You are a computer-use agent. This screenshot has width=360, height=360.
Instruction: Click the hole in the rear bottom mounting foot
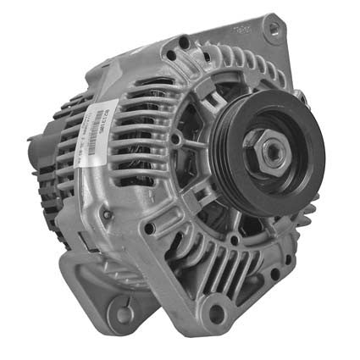123,313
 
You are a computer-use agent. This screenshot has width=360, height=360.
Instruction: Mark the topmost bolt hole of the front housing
184,40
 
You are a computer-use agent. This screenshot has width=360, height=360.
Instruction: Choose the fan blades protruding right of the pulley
310,203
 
